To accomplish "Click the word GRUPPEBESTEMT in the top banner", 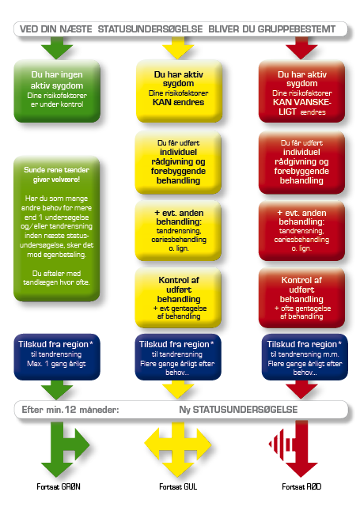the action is [x=297, y=29].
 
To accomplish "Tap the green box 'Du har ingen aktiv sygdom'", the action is [x=57, y=91].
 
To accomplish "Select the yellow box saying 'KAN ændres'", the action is [x=179, y=91].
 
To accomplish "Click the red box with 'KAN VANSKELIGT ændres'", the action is [x=301, y=91].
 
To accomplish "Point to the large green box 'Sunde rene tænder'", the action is [x=57, y=229].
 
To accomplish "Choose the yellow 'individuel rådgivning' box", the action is [x=178, y=162].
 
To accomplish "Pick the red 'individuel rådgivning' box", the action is [x=301, y=162].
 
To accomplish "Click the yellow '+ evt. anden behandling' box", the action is [x=178, y=230].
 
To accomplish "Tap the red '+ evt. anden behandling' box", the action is [x=301, y=230].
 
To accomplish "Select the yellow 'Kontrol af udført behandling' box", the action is [x=178, y=297].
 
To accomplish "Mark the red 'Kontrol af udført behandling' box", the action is [x=301, y=297].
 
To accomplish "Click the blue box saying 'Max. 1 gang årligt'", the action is [x=57, y=357].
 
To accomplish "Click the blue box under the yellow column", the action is [x=178, y=357].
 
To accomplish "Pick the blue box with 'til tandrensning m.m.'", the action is [x=305, y=357].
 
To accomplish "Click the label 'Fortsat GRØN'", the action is [x=59, y=486].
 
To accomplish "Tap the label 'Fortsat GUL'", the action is [x=178, y=486].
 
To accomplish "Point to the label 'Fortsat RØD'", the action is [x=301, y=486].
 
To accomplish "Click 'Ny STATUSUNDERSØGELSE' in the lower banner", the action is [x=238, y=410].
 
